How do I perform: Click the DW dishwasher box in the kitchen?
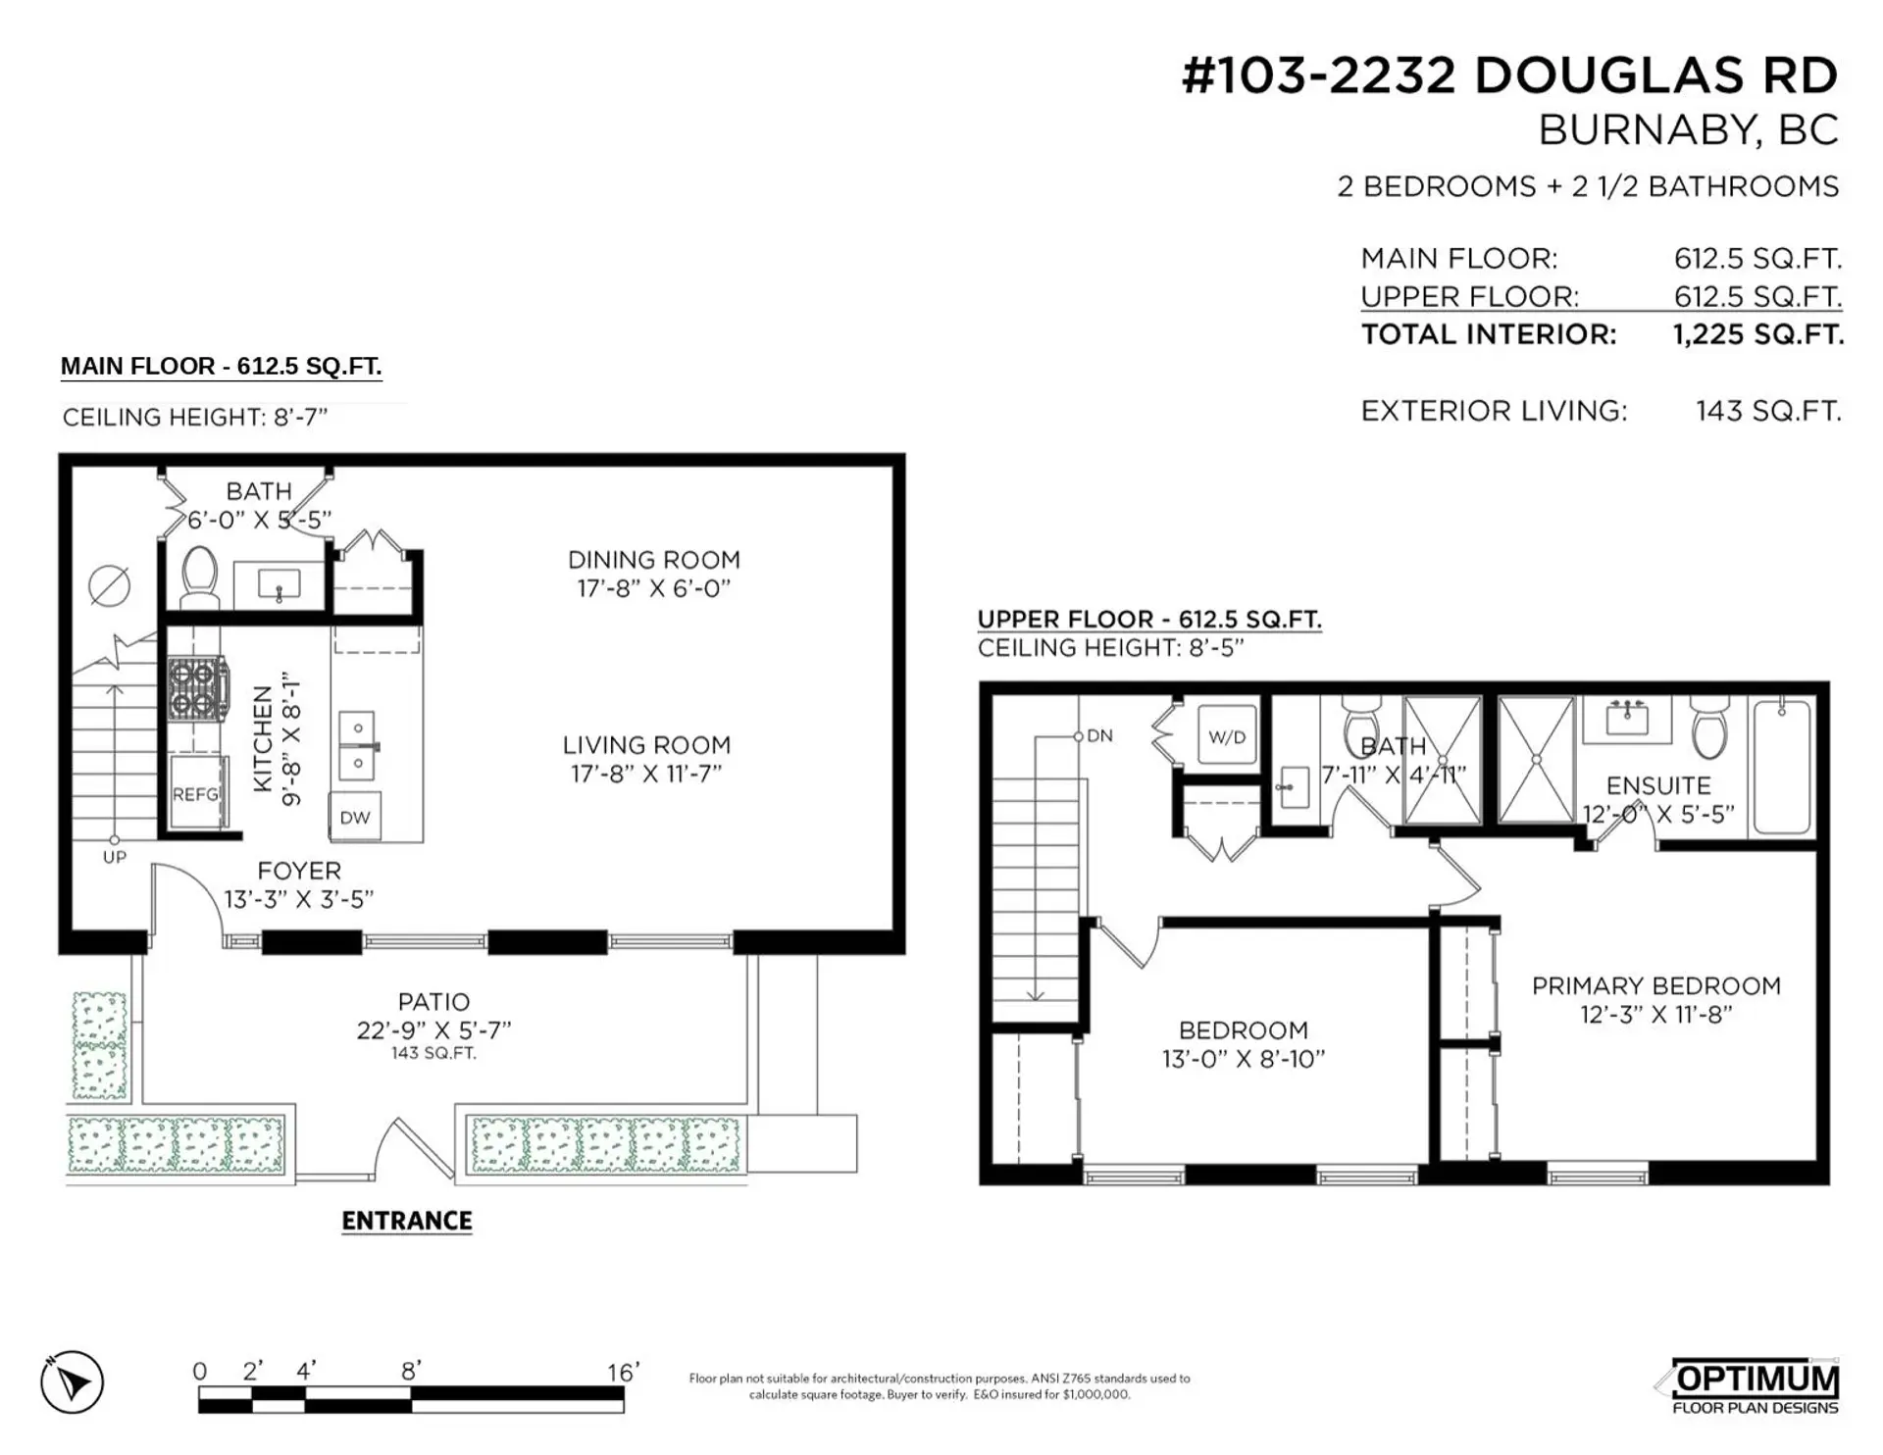(x=355, y=818)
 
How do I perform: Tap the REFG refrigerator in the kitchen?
(x=195, y=793)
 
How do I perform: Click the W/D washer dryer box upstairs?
(x=1226, y=736)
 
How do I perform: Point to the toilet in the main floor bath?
(x=200, y=577)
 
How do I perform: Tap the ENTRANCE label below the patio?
(x=407, y=1221)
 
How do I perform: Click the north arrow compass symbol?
(x=72, y=1382)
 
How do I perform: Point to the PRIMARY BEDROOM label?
(x=1655, y=985)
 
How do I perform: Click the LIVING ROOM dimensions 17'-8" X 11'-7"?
(x=646, y=774)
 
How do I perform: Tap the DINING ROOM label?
(x=654, y=560)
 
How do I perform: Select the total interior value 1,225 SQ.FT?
(x=1757, y=334)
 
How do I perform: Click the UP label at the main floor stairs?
(x=115, y=857)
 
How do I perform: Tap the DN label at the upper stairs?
(x=1099, y=735)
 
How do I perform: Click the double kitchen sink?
(x=357, y=745)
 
